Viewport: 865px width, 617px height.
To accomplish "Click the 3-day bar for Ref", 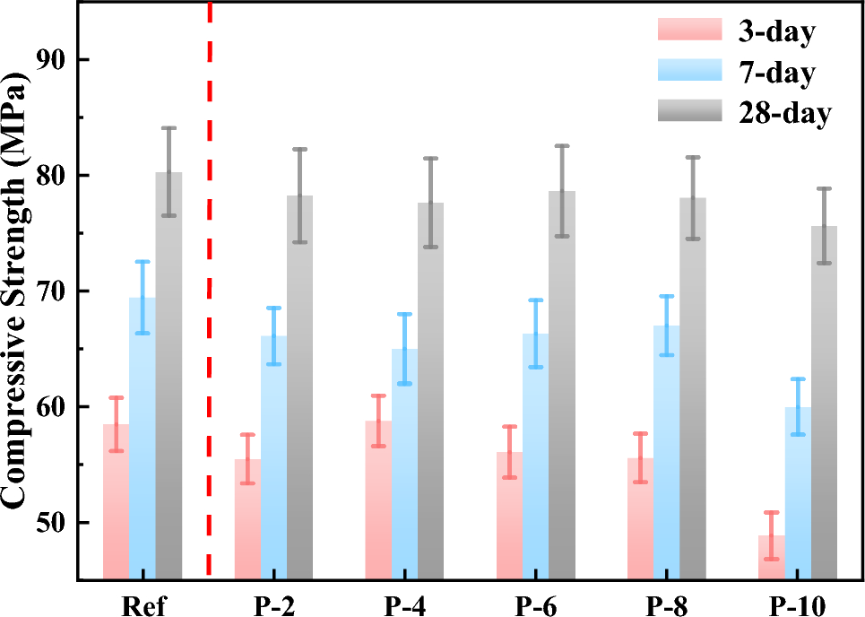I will (116, 502).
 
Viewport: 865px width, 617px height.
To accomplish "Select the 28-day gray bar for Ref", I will (169, 377).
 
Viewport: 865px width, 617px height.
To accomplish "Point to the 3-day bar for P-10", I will (772, 557).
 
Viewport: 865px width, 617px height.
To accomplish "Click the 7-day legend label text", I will (777, 73).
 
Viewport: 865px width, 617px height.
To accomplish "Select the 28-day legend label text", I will (784, 113).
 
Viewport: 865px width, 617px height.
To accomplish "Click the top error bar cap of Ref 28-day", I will (169, 128).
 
